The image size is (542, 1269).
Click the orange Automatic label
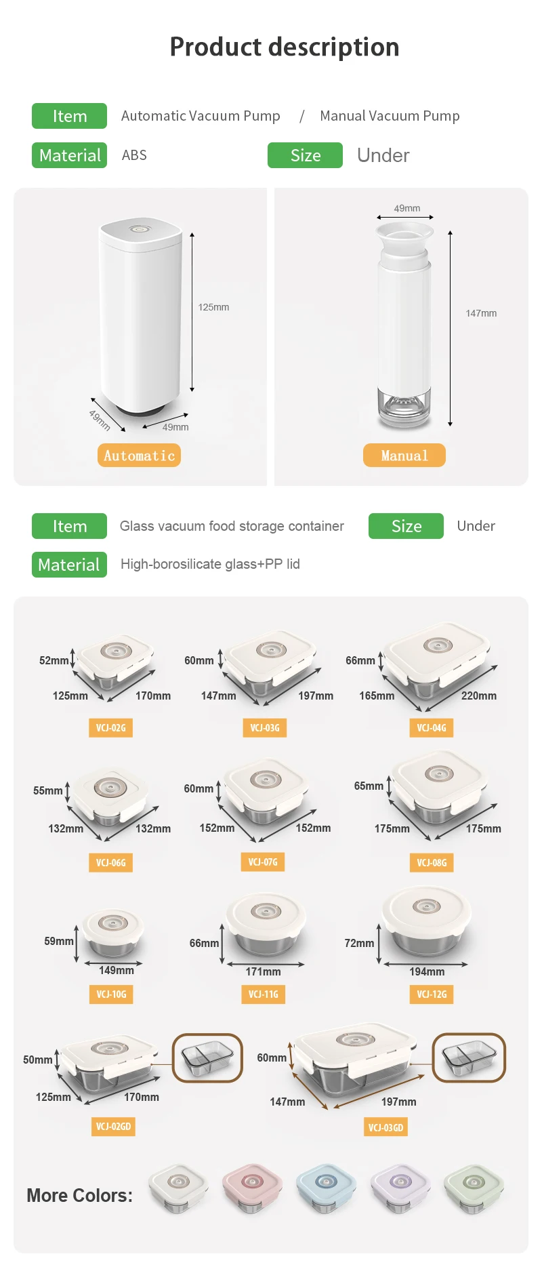click(x=139, y=456)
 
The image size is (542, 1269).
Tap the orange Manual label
click(x=404, y=456)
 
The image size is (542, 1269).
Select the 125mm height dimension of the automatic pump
click(x=213, y=307)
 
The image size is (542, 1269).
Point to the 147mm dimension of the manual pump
click(x=481, y=313)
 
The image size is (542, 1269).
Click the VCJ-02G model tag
click(x=110, y=728)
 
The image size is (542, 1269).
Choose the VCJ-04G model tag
click(x=432, y=728)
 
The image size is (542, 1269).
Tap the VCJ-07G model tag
click(x=263, y=862)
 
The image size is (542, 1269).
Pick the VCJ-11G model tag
click(x=263, y=994)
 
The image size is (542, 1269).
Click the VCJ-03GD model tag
click(x=385, y=1127)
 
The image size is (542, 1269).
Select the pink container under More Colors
click(x=252, y=1186)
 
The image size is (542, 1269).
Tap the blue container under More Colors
click(x=326, y=1186)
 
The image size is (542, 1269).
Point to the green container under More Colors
click(x=474, y=1186)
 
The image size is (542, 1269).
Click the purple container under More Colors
click(x=400, y=1186)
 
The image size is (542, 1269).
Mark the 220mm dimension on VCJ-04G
click(x=479, y=696)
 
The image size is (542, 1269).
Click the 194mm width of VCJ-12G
click(x=427, y=971)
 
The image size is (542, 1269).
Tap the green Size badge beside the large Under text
click(x=305, y=155)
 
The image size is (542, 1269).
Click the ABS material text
click(x=134, y=155)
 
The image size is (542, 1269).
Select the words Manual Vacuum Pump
click(x=390, y=116)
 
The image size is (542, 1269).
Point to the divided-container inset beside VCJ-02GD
click(x=207, y=1057)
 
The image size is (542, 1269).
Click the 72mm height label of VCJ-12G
click(x=359, y=943)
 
